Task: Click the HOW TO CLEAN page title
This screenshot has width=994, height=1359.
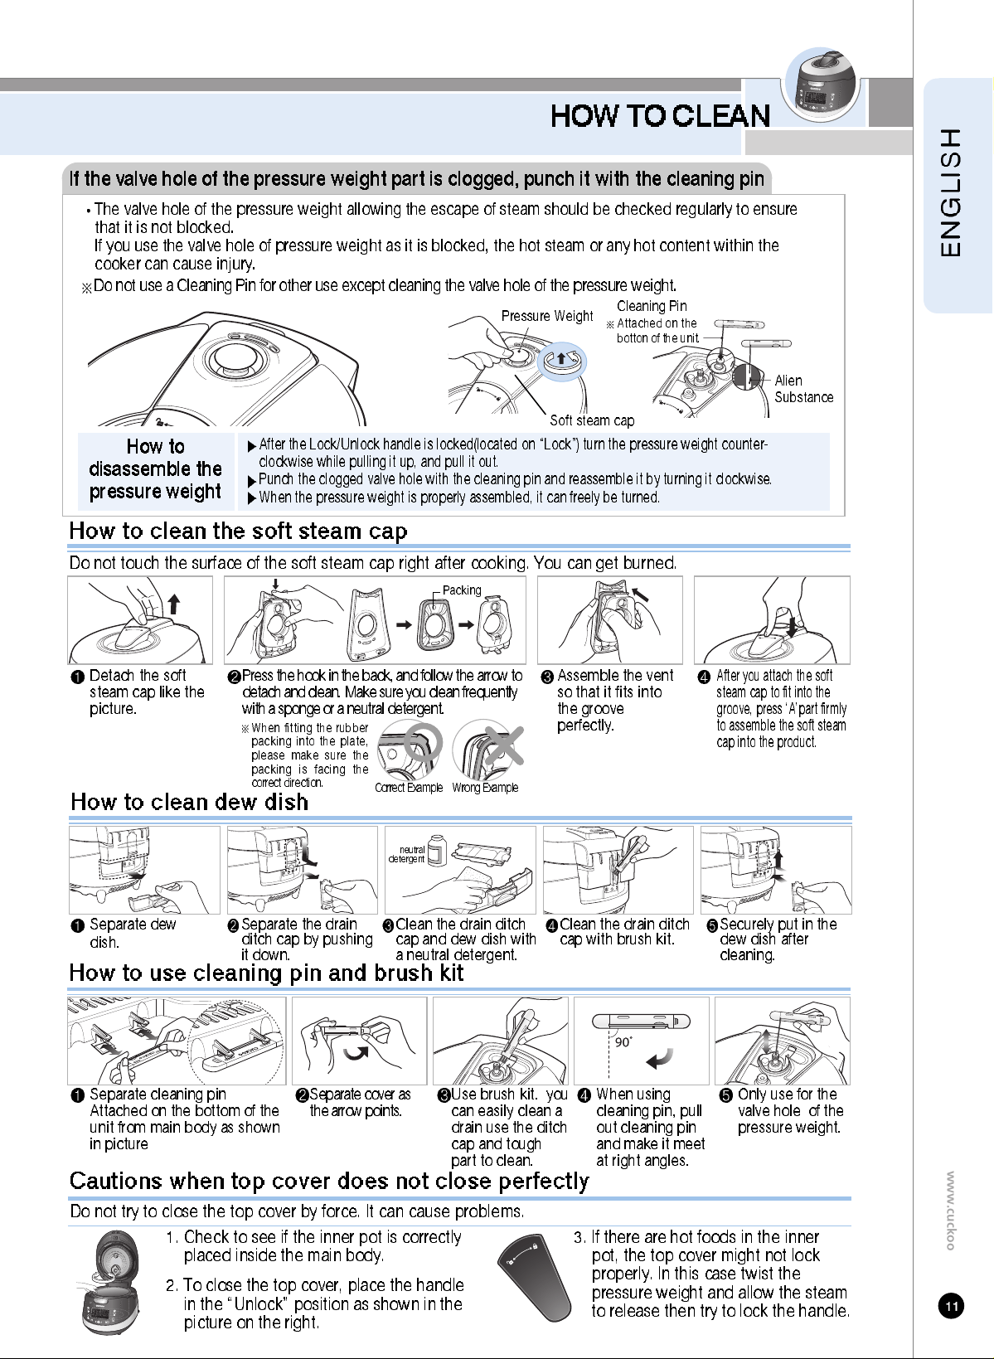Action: point(660,116)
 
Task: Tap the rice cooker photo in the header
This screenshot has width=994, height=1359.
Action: point(822,85)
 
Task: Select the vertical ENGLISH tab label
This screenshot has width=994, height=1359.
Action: point(950,192)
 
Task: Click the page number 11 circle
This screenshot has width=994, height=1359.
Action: point(951,1306)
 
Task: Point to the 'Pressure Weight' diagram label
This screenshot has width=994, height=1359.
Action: point(546,315)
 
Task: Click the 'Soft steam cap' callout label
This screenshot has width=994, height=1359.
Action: point(592,420)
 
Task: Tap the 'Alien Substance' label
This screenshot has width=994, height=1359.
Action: point(803,389)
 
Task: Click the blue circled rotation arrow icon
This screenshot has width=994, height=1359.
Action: point(561,362)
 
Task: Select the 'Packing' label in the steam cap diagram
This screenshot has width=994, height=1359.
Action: point(462,590)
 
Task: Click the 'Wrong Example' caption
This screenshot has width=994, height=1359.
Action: point(485,788)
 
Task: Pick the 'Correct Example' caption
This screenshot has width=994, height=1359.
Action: point(409,788)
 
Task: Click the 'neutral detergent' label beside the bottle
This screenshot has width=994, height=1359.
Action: point(407,854)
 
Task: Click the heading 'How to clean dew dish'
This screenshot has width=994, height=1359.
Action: point(189,802)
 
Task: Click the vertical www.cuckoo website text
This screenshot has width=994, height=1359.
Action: point(950,1211)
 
